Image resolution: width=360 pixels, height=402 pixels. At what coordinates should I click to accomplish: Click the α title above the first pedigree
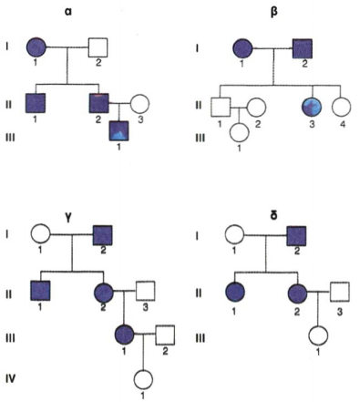point(67,13)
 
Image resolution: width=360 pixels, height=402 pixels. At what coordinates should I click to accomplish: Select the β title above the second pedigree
point(274,12)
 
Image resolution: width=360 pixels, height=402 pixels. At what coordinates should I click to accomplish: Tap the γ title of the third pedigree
point(68,218)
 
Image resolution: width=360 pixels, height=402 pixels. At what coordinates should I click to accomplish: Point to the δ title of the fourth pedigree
point(273,216)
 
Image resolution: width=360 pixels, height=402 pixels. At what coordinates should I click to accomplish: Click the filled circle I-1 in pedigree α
point(36,47)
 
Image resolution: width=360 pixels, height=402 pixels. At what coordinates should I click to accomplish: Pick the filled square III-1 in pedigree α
point(118,130)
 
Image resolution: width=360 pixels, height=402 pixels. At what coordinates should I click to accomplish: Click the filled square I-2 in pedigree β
point(303,48)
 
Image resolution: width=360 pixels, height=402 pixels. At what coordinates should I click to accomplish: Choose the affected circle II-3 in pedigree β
point(312,107)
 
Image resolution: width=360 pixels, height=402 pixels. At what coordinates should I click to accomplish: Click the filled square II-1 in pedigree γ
point(40,291)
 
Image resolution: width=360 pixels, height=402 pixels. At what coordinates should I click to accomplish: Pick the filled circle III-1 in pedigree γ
point(125,335)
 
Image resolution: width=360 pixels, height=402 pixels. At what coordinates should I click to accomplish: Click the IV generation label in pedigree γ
point(10,379)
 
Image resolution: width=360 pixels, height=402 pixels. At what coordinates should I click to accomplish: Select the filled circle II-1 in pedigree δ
point(235,292)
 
